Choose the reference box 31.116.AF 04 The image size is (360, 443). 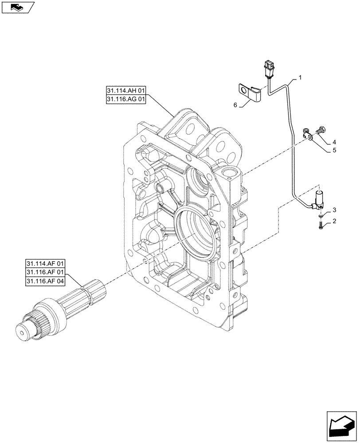pos(46,282)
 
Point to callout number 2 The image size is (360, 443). pos(335,221)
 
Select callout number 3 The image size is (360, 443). pos(335,210)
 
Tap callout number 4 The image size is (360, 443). pos(334,142)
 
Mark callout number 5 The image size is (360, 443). pos(334,150)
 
